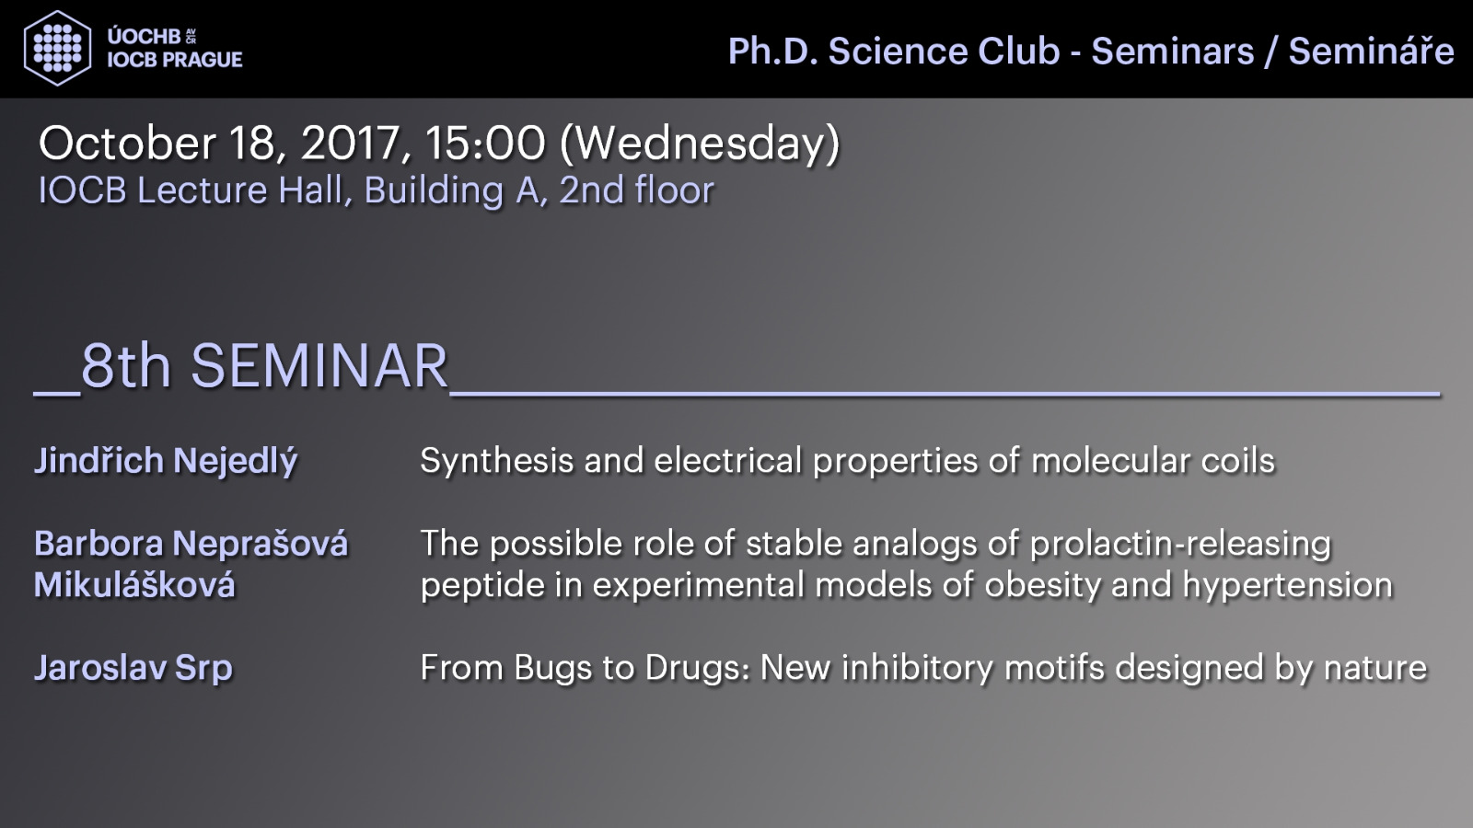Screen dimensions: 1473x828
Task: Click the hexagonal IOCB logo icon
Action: pos(57,48)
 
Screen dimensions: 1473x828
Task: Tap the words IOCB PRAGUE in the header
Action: pos(175,60)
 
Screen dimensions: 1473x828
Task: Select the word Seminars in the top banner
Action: pos(1173,52)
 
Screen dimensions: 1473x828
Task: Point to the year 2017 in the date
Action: pos(356,143)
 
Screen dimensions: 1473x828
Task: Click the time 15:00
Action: pos(484,143)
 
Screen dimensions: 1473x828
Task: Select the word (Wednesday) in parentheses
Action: pos(700,144)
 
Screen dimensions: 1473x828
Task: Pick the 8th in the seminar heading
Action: pos(125,366)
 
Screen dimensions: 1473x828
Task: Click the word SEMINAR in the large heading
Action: pos(319,366)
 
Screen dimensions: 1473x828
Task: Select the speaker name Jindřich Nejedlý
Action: pos(166,461)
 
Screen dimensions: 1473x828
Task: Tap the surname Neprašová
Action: pos(260,543)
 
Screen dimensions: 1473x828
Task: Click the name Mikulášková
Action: pos(134,583)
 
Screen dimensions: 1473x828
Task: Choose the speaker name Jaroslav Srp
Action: pos(133,668)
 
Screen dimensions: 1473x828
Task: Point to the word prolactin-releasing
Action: pos(1180,545)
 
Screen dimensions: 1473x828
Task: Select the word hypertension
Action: pos(1288,585)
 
